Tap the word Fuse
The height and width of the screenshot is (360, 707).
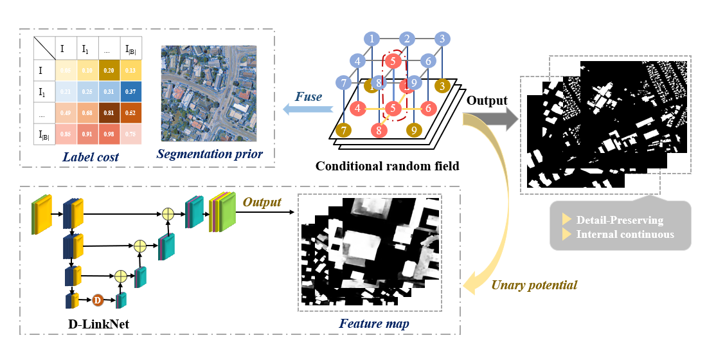[309, 96]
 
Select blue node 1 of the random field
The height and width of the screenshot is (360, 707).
[373, 39]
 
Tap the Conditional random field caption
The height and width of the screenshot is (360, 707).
[387, 166]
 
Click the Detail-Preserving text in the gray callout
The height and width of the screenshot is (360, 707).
[620, 221]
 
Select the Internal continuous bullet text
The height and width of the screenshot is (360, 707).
[625, 234]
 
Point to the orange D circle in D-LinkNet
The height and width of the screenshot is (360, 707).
[97, 300]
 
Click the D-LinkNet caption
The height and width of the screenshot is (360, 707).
[98, 324]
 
